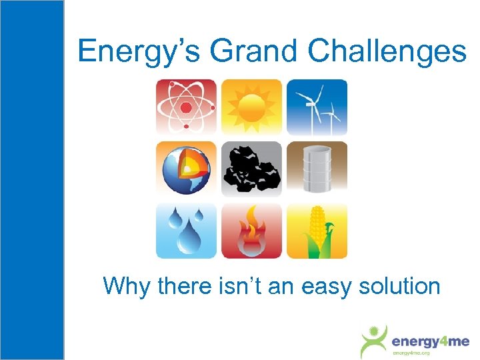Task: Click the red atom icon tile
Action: click(x=186, y=107)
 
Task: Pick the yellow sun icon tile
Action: click(x=251, y=107)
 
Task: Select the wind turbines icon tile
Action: click(x=317, y=107)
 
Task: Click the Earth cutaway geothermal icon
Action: click(x=186, y=169)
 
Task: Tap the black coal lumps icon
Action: click(x=251, y=169)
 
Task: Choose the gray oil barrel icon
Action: click(x=317, y=169)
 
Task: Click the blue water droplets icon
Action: click(x=186, y=231)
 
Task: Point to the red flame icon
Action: click(x=251, y=231)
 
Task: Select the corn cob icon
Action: click(x=317, y=231)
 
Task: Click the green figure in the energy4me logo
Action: click(x=374, y=341)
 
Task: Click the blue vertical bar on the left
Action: click(x=32, y=180)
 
